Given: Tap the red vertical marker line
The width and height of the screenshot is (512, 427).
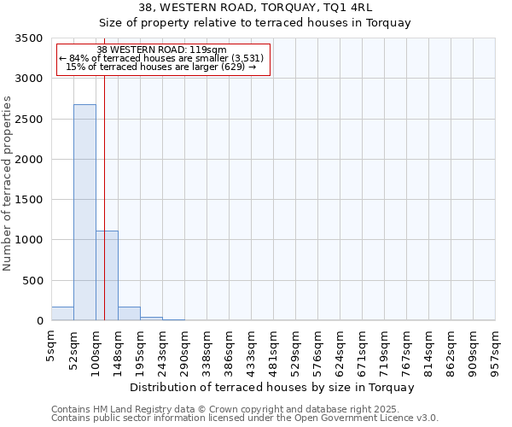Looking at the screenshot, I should pyautogui.click(x=104, y=196).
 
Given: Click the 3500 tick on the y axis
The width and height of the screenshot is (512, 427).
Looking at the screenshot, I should pyautogui.click(x=29, y=38).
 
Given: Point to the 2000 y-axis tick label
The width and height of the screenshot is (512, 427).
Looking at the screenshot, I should pyautogui.click(x=29, y=160).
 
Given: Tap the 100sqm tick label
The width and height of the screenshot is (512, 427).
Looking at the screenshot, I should pyautogui.click(x=96, y=347).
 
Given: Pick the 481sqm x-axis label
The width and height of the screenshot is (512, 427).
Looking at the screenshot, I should pyautogui.click(x=273, y=347).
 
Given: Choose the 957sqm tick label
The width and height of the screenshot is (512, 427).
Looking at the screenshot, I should pyautogui.click(x=495, y=347).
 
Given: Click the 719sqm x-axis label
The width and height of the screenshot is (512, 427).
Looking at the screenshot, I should pyautogui.click(x=384, y=347).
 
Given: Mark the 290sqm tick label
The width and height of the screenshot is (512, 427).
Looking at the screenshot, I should pyautogui.click(x=184, y=347).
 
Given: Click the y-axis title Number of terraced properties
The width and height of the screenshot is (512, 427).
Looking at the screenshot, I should pyautogui.click(x=8, y=184).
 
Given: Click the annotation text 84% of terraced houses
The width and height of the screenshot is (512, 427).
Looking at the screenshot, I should pyautogui.click(x=161, y=58).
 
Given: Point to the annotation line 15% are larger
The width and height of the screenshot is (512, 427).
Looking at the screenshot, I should pyautogui.click(x=161, y=67).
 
